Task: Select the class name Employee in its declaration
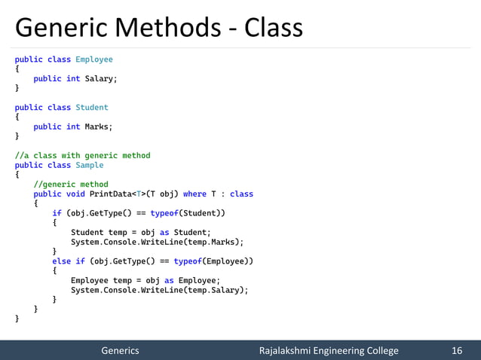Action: point(94,59)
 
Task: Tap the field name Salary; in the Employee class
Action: point(101,78)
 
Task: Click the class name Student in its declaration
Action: point(92,107)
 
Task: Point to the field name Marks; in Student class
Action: point(99,127)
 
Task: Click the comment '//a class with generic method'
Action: point(82,155)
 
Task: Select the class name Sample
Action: point(90,165)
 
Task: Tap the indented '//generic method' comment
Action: point(71,184)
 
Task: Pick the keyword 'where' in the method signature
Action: point(195,194)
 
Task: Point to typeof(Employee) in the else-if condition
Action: point(213,261)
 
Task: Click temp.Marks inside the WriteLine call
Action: point(219,242)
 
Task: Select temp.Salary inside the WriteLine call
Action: point(221,290)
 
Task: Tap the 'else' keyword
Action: point(62,261)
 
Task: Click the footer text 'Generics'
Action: point(121,350)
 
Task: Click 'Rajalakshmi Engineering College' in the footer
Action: point(329,350)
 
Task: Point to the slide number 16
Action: point(456,350)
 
